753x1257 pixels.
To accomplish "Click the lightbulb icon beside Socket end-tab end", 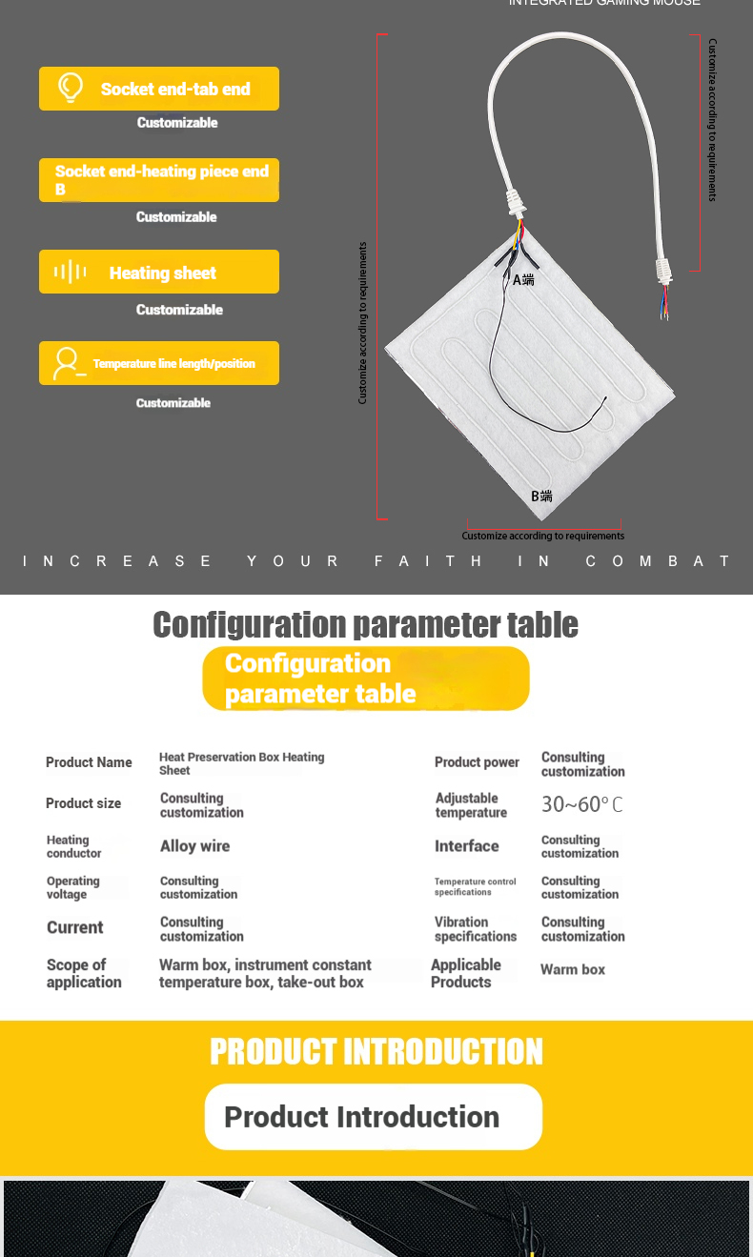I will (x=70, y=88).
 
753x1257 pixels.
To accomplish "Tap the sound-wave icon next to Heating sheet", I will (x=71, y=273).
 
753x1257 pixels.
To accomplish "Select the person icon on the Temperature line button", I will (x=67, y=363).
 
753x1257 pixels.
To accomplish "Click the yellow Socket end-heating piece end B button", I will (x=159, y=180).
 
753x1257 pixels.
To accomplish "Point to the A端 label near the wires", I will (x=523, y=279).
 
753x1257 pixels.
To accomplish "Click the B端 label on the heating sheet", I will (x=541, y=496).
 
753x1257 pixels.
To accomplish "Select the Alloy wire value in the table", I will (x=194, y=846).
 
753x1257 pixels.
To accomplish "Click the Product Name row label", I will (x=89, y=762).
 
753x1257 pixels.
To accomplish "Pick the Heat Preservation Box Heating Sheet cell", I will (x=241, y=763).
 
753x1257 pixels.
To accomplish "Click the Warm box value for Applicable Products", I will (x=572, y=970).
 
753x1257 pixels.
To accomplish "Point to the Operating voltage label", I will (x=73, y=887).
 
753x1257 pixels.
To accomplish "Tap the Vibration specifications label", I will (x=475, y=929).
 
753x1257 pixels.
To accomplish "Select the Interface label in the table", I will (x=466, y=846).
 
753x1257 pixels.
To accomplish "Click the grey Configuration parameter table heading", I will (x=365, y=624).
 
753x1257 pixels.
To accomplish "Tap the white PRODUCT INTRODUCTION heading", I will (x=376, y=1051).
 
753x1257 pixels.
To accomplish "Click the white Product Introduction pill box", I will (x=374, y=1117).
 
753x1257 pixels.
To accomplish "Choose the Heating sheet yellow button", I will (x=159, y=272).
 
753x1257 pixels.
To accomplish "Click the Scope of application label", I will (x=84, y=973).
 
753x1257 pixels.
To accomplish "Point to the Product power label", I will (x=477, y=762).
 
